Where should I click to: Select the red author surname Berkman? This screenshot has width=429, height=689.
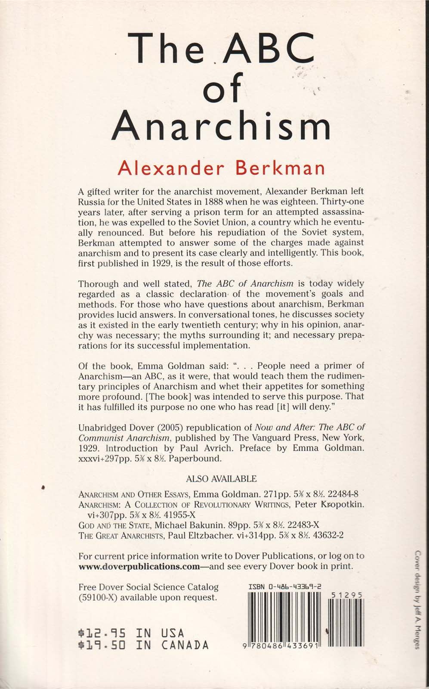pyautogui.click(x=280, y=168)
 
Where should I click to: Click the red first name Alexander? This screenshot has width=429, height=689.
pyautogui.click(x=170, y=168)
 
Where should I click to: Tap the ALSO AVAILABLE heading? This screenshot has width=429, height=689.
pyautogui.click(x=221, y=479)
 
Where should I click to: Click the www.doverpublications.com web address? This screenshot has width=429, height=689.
pyautogui.click(x=139, y=566)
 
